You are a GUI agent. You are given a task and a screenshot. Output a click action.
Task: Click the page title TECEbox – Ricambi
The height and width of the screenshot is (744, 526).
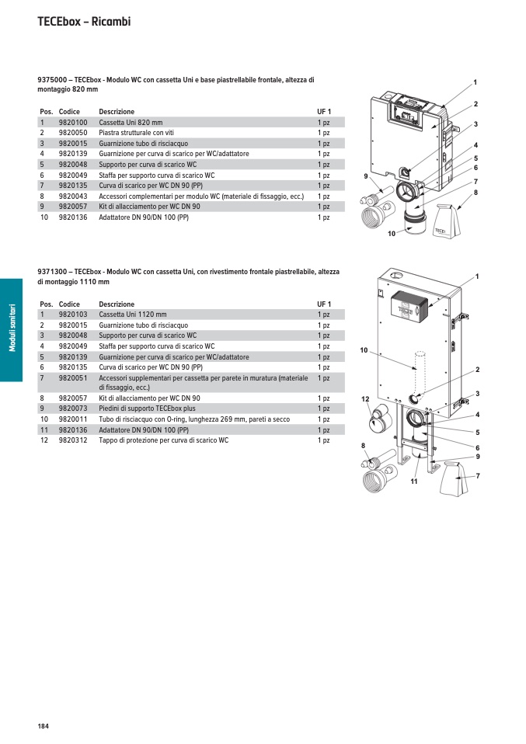pyautogui.click(x=84, y=22)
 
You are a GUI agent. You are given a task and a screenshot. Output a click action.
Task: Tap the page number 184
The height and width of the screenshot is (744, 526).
pyautogui.click(x=43, y=726)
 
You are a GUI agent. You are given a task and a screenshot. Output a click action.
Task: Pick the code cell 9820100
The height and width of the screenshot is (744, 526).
pyautogui.click(x=73, y=123)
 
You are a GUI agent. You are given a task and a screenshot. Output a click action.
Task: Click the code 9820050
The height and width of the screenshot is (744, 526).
pyautogui.click(x=73, y=133)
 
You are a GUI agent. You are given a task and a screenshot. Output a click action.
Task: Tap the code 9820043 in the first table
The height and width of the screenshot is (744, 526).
pyautogui.click(x=73, y=196)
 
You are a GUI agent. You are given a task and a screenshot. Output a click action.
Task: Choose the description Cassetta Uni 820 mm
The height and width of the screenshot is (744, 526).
pyautogui.click(x=131, y=123)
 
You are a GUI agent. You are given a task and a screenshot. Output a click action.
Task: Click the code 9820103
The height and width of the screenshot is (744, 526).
pyautogui.click(x=73, y=315)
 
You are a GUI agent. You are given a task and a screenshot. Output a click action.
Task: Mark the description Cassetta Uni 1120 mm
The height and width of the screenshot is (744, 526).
pyautogui.click(x=133, y=315)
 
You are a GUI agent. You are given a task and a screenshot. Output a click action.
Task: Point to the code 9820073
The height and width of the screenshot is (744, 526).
pyautogui.click(x=73, y=409)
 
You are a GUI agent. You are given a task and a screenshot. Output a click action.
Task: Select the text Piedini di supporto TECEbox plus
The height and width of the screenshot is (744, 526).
pyautogui.click(x=147, y=409)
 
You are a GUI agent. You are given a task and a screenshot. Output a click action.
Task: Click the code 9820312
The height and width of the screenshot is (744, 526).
pyautogui.click(x=73, y=440)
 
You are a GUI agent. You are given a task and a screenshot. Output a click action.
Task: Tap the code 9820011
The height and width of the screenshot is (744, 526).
pyautogui.click(x=73, y=419)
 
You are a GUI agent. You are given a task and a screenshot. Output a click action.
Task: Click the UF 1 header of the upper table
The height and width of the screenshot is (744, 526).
pyautogui.click(x=324, y=112)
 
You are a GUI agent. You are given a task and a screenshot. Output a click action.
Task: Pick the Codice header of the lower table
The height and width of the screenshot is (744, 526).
pyautogui.click(x=69, y=304)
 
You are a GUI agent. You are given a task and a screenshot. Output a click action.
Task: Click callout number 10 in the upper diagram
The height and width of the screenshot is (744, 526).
pyautogui.click(x=392, y=234)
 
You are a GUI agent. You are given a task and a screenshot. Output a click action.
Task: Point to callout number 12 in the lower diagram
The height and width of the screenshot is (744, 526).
pyautogui.click(x=365, y=398)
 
